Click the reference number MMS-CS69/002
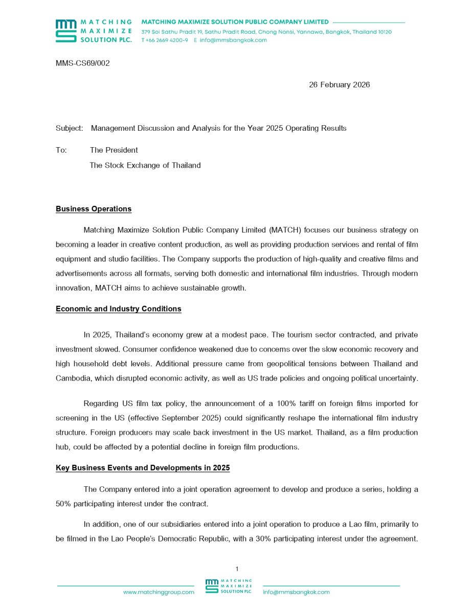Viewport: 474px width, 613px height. (83, 63)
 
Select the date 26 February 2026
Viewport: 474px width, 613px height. (339, 85)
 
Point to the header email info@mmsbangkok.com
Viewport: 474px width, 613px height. (233, 40)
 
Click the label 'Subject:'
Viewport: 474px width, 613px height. (69, 128)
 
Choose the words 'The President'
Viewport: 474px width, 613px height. (114, 150)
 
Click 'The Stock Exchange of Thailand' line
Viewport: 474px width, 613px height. (145, 166)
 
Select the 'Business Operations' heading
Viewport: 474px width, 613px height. (94, 209)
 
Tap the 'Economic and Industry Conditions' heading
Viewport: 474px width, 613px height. (118, 309)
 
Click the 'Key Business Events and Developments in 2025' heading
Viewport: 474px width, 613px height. (143, 468)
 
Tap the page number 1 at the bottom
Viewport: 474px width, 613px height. (237, 569)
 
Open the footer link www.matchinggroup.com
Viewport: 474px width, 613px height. (159, 592)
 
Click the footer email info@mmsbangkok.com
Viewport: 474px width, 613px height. (297, 592)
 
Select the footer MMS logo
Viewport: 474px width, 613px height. (229, 586)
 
